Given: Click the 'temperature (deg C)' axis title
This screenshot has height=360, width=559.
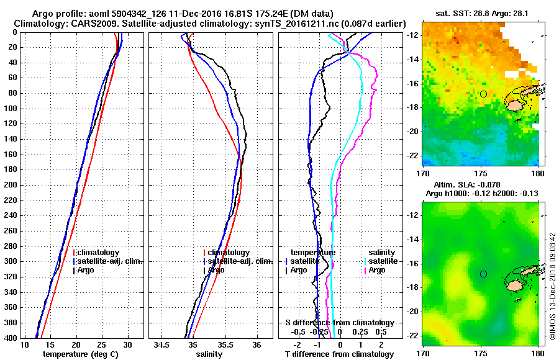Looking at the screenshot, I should [x=81, y=354].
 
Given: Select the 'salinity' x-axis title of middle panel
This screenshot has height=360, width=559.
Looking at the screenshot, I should [x=210, y=354].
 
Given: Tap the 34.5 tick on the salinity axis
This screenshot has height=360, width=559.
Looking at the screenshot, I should [x=162, y=344].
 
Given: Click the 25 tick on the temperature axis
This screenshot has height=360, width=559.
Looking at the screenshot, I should [x=102, y=344].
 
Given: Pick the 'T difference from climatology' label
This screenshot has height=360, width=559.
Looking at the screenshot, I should [x=339, y=354].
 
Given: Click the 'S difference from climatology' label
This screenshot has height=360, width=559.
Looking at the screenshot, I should [x=339, y=323].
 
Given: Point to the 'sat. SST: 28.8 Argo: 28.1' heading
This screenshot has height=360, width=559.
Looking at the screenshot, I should [x=482, y=12].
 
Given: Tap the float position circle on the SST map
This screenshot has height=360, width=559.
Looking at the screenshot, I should [x=483, y=94].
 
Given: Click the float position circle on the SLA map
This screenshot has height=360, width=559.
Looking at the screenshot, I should [x=483, y=274].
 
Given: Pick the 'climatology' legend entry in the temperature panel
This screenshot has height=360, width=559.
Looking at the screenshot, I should [x=98, y=253].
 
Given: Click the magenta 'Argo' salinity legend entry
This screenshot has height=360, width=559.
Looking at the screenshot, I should [x=376, y=270].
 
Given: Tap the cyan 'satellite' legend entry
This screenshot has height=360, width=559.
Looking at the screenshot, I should [x=379, y=261].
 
